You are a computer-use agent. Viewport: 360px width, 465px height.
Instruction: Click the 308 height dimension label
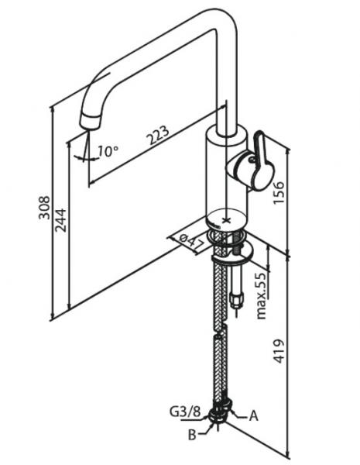point(44,207)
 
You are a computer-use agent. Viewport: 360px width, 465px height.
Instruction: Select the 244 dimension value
point(61,220)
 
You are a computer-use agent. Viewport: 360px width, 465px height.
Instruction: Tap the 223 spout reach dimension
point(159,135)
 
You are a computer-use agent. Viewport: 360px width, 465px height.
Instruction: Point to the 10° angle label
point(108,151)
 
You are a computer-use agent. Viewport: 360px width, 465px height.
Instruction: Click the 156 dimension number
point(278,192)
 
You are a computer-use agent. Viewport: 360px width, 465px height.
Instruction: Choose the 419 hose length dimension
point(278,351)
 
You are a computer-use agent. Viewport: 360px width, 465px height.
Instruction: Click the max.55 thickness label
point(261,296)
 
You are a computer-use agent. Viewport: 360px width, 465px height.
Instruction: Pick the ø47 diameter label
point(192,242)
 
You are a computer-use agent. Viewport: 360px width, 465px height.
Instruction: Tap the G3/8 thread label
point(185,412)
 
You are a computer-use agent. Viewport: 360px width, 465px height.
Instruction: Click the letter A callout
point(253,415)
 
